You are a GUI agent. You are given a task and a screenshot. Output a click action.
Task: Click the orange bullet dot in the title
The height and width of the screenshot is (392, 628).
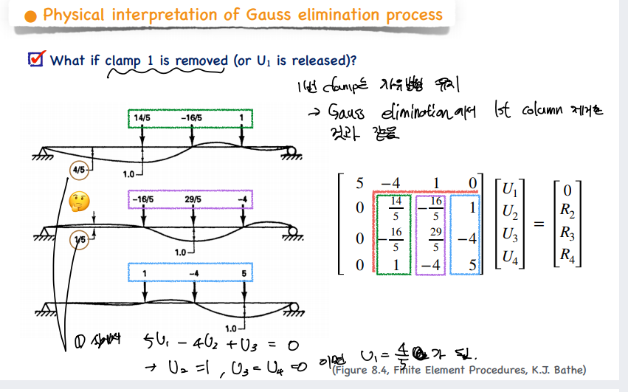30,16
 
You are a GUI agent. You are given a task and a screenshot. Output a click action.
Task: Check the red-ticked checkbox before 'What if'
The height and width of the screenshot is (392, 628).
35,59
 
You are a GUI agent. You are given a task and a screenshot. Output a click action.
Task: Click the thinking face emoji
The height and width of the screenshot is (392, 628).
79,201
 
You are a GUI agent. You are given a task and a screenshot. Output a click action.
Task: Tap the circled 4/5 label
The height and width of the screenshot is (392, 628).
79,170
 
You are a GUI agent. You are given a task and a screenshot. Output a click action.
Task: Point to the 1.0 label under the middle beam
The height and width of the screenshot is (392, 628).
183,252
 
